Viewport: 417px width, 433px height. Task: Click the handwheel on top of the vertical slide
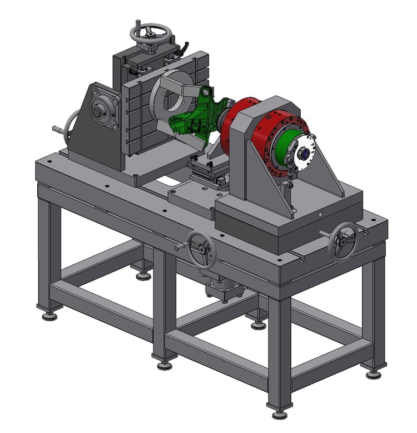[x=150, y=32]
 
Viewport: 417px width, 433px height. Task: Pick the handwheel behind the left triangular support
[x=71, y=129]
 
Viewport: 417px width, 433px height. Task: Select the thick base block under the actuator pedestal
[x=289, y=223]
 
